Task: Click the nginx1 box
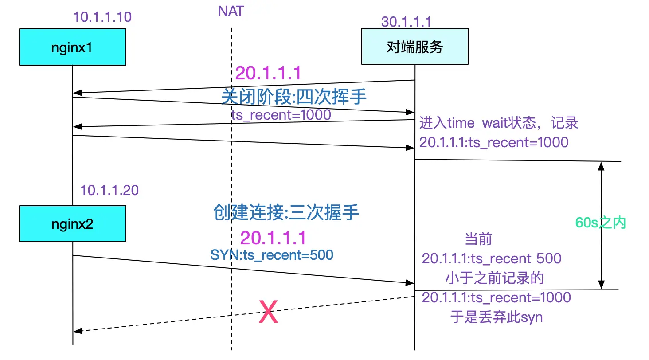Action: click(x=72, y=47)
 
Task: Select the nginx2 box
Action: click(x=72, y=223)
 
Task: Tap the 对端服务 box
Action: click(x=414, y=47)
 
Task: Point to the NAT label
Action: click(x=231, y=11)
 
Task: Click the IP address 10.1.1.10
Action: click(x=102, y=17)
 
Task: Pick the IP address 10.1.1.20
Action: click(x=109, y=190)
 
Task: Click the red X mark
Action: click(x=268, y=312)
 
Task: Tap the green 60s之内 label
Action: click(x=600, y=223)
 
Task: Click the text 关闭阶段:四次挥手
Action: click(x=294, y=96)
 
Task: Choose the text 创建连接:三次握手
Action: click(x=286, y=213)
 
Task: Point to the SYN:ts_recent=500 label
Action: click(x=272, y=255)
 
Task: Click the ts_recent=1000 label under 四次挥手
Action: click(x=281, y=115)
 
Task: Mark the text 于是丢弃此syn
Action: click(x=497, y=317)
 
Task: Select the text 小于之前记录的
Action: click(x=495, y=278)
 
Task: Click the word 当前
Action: click(x=478, y=239)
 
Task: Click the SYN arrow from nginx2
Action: click(x=239, y=269)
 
